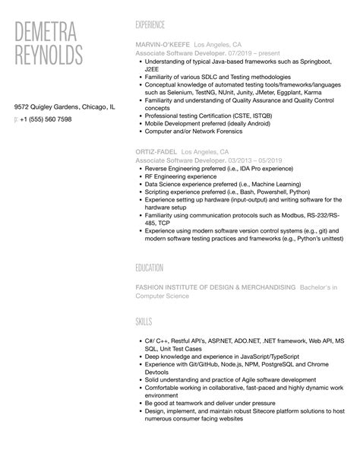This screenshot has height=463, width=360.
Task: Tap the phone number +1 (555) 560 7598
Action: pyautogui.click(x=46, y=119)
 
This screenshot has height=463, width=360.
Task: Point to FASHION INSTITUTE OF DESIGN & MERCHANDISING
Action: pyautogui.click(x=215, y=287)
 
